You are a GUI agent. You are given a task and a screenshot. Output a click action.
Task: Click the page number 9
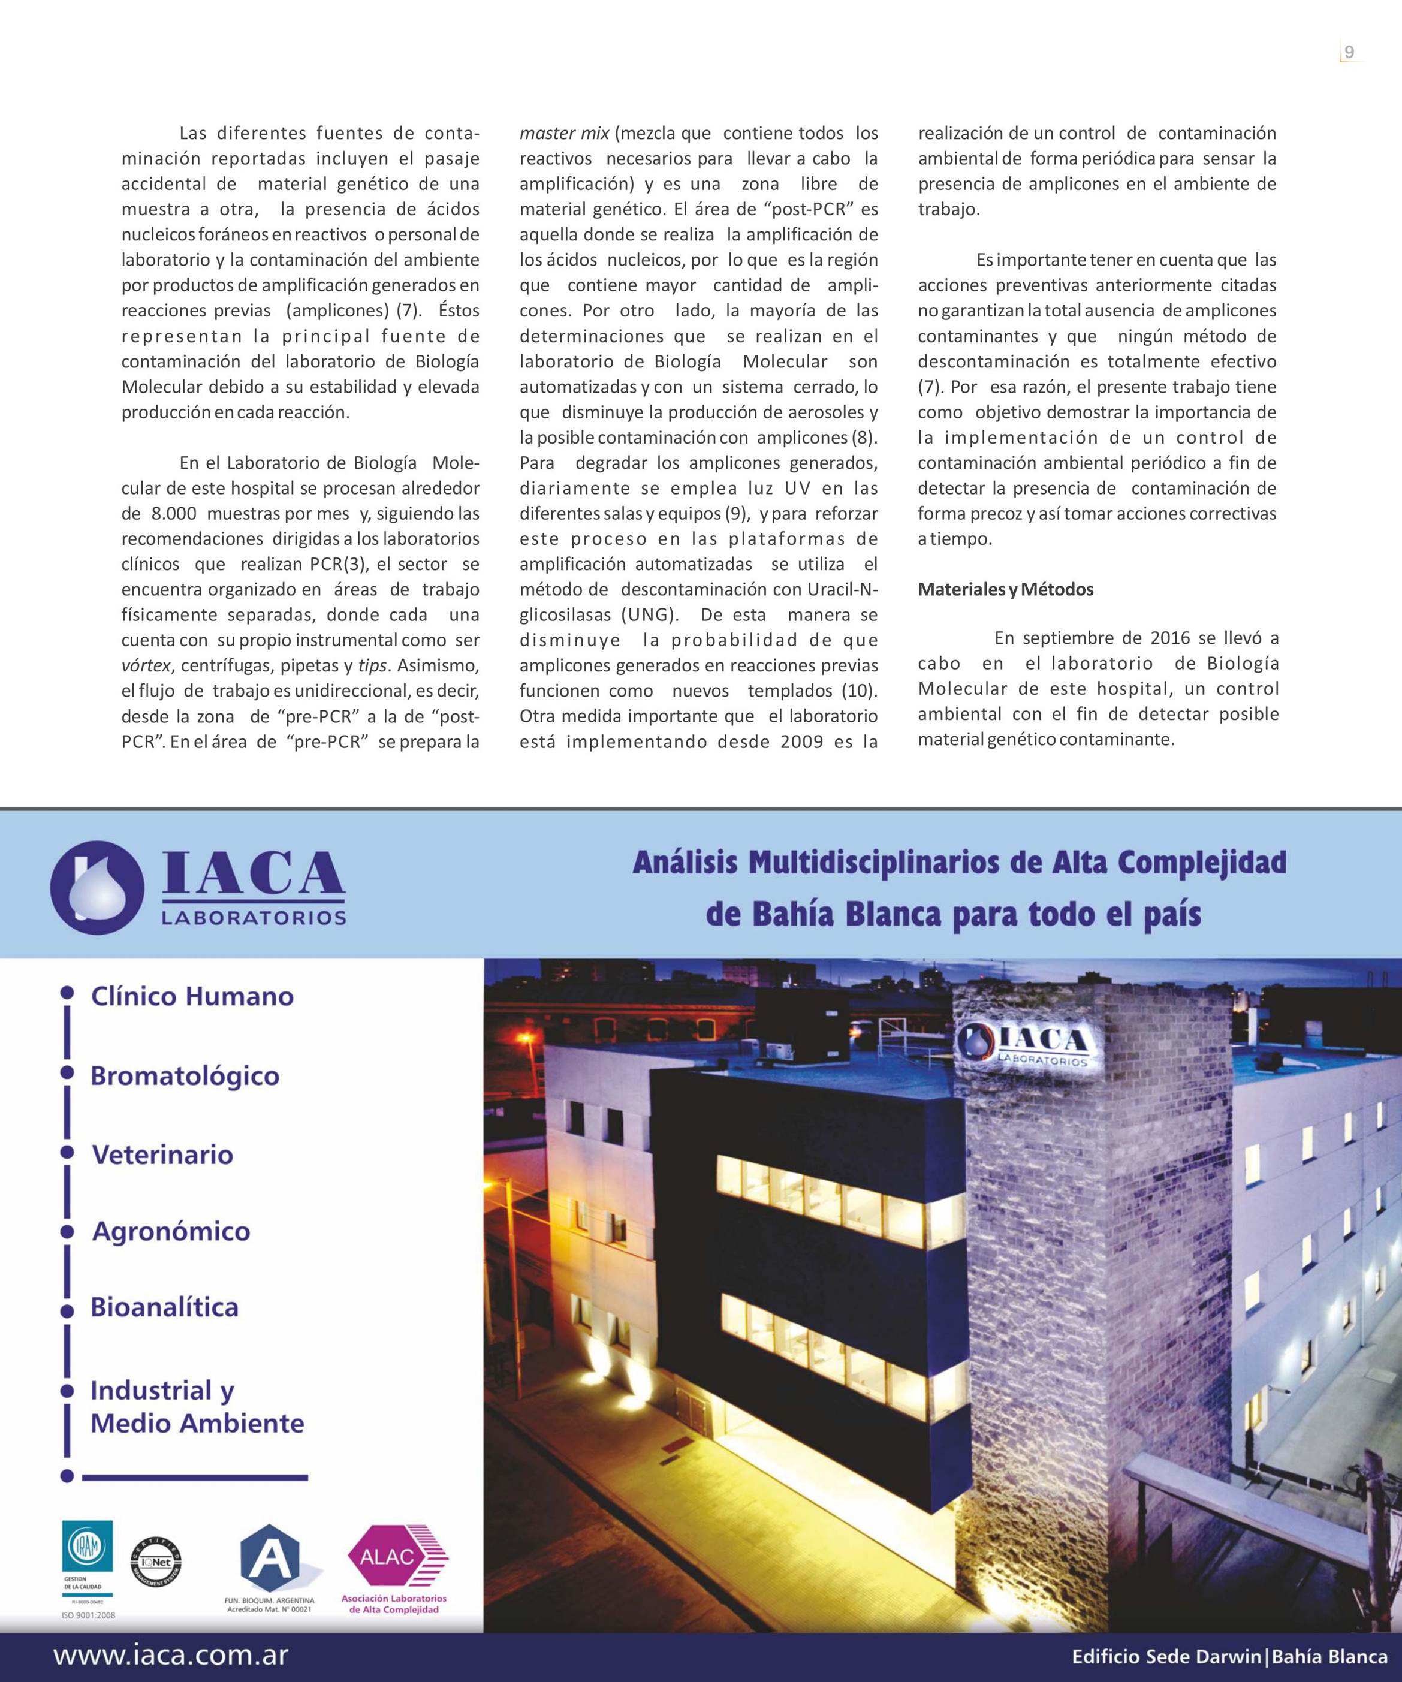click(1349, 52)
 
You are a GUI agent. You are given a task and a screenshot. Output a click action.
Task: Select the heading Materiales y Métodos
click(1005, 589)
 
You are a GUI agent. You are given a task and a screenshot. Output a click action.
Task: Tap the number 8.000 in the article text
click(174, 513)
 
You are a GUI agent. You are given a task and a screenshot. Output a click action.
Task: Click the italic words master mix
click(564, 133)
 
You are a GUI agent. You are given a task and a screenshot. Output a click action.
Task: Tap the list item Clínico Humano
click(192, 996)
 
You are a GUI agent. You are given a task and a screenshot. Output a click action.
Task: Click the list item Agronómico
click(171, 1231)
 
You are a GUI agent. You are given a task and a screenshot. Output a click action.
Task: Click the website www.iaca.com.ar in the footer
click(171, 1656)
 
